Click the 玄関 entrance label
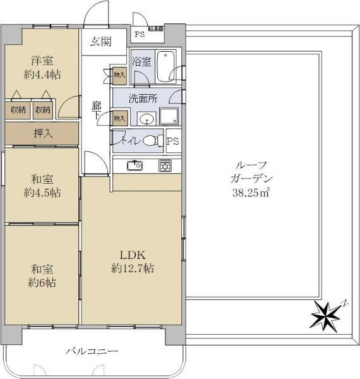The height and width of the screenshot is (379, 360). [100, 42]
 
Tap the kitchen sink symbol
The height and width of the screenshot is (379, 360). [135, 165]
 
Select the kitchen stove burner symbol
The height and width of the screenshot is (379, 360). [165, 165]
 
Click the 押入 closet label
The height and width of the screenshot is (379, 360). [42, 133]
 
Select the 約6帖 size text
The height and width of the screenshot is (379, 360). [42, 283]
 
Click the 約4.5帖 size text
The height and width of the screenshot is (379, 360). [42, 193]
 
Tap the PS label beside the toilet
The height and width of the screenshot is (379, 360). [172, 141]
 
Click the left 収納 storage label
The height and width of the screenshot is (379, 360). [18, 110]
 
